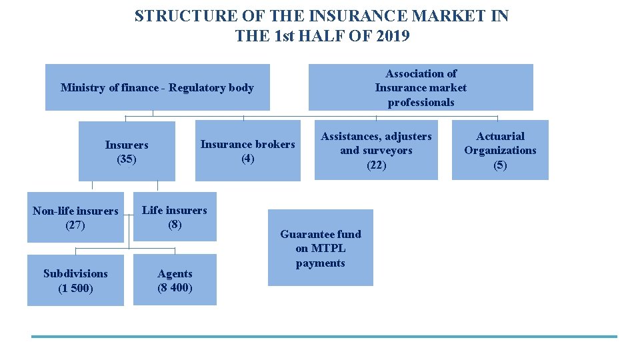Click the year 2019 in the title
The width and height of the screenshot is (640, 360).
click(x=393, y=36)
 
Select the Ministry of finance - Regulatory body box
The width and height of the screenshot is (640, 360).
click(x=157, y=87)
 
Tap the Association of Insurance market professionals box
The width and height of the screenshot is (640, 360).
click(x=421, y=87)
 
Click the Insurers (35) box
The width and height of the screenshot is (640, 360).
click(x=127, y=151)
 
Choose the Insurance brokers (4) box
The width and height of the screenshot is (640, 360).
click(x=247, y=151)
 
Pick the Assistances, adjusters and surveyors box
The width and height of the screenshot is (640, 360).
click(x=376, y=150)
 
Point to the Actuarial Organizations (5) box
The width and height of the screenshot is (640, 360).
click(x=500, y=150)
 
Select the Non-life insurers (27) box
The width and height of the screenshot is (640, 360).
click(x=75, y=218)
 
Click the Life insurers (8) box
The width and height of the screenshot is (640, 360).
click(x=175, y=217)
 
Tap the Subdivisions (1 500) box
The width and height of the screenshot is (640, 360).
click(x=75, y=281)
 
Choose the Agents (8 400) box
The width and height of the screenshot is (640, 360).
click(x=175, y=281)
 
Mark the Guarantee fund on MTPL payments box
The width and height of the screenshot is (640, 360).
click(x=320, y=248)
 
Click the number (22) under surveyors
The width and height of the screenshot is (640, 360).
click(x=376, y=165)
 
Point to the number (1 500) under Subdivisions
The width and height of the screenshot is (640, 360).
click(x=75, y=288)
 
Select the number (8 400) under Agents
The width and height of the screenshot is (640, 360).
click(x=175, y=288)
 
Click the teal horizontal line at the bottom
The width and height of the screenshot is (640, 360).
click(x=324, y=337)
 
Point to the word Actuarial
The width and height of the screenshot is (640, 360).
click(x=500, y=136)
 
